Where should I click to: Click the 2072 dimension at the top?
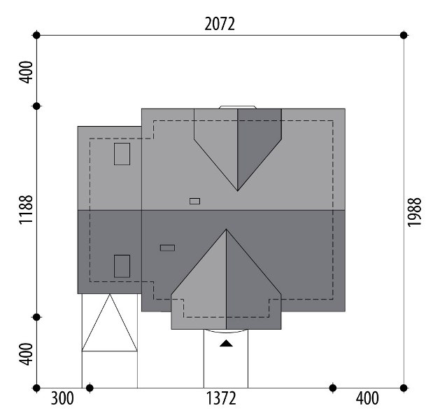point(220,24)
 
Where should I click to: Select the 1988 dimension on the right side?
point(414,212)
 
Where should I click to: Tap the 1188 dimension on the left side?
point(26,209)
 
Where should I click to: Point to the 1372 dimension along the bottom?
point(221,398)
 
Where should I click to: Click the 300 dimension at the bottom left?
point(62,398)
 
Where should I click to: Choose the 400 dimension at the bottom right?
point(367,398)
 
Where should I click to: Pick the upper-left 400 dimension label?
point(26,72)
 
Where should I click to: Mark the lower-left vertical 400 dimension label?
point(26,354)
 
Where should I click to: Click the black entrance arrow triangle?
point(226,344)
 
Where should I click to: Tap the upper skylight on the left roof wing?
point(122,154)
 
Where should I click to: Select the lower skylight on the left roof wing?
point(122,266)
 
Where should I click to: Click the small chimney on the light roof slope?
point(194,201)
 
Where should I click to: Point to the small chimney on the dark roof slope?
point(167,248)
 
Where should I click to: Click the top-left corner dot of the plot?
point(36,36)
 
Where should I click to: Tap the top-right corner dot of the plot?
point(404,36)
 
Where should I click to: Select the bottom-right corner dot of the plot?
point(404,388)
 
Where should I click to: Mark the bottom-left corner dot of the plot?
point(36,388)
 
